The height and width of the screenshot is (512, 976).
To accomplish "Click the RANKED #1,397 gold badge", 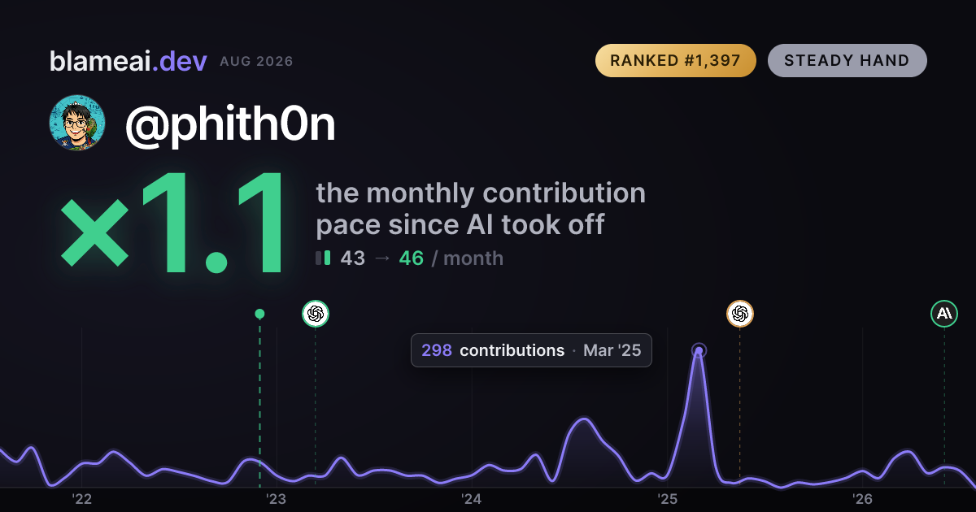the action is (x=675, y=60).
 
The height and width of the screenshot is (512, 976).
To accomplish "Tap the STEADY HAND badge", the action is (x=847, y=60).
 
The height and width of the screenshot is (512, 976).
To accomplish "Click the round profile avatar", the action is (x=77, y=123).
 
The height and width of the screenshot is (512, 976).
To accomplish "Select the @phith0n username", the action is (x=230, y=124).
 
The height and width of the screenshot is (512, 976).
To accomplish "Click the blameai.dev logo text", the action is (x=129, y=61).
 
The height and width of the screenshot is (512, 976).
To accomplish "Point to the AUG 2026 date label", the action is (x=256, y=62).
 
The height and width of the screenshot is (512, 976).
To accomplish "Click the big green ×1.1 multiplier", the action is (x=172, y=223).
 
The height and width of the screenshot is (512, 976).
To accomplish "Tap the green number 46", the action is (x=412, y=258).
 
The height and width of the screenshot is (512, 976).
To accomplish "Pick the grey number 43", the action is (x=352, y=258).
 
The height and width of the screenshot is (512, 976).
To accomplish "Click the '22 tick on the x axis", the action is (x=82, y=499).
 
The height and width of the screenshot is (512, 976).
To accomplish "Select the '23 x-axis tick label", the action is (x=277, y=499).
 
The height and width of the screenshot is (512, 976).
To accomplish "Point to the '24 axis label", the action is (x=472, y=499).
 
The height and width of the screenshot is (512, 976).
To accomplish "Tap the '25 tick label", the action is (x=667, y=499).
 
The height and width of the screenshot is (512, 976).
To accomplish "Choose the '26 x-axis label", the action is (x=862, y=499).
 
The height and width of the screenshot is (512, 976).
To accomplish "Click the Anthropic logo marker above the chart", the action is (x=944, y=314).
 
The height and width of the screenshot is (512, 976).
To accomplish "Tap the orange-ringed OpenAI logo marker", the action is (x=740, y=314).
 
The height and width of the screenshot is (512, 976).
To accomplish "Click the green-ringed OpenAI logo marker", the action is (x=316, y=314).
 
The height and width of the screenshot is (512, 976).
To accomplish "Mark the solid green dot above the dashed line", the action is (x=259, y=314).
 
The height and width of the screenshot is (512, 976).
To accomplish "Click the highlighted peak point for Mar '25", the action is (x=699, y=350).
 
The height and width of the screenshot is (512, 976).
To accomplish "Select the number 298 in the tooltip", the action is (x=437, y=350).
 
